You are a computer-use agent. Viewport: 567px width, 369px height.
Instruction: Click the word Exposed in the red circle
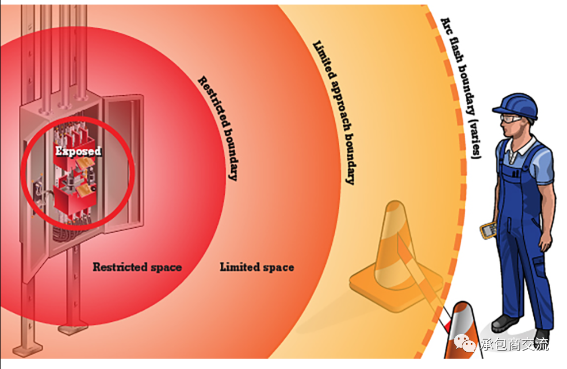[x=78, y=151]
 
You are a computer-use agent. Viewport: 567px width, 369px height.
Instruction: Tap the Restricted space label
[x=137, y=267]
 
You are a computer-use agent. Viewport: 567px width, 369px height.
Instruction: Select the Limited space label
[x=256, y=267]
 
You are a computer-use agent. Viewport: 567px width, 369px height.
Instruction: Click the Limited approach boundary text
[x=333, y=112]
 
